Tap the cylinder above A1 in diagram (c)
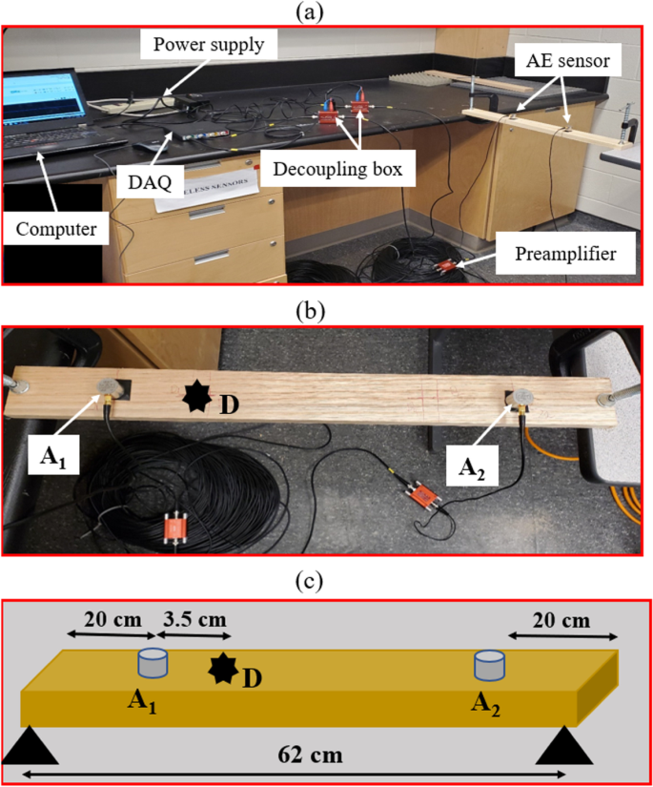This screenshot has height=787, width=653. coord(153,663)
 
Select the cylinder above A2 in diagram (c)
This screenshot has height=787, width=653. coord(488,663)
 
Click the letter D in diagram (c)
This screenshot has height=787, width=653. coord(252,678)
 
